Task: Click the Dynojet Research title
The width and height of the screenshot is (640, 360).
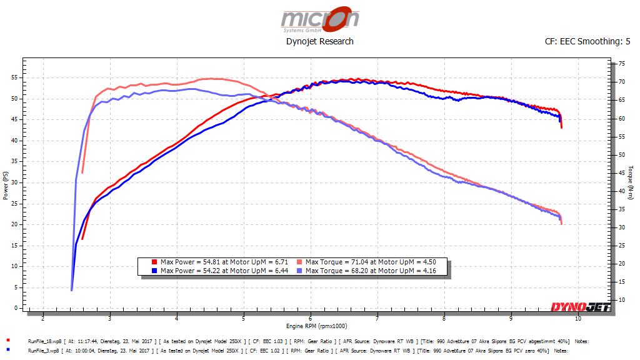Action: [x=320, y=41]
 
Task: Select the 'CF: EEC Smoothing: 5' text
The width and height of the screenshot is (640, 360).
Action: [x=587, y=41]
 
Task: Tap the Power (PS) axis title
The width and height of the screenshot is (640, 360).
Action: [x=5, y=186]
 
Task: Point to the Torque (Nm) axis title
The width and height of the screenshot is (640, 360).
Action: [x=631, y=183]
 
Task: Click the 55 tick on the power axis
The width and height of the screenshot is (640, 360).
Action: [x=16, y=77]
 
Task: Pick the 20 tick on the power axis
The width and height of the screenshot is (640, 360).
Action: [x=16, y=224]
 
